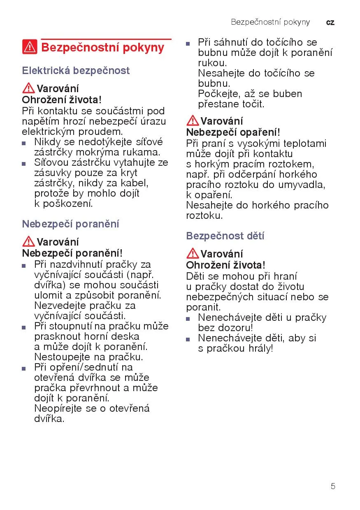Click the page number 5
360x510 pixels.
point(333,486)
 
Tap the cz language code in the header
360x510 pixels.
point(330,22)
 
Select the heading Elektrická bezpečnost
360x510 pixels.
point(76,71)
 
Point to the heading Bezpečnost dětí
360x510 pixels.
point(225,236)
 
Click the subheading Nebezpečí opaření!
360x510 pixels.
point(233,132)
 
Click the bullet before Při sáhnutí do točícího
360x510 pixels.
point(188,43)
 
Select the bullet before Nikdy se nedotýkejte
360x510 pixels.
point(24,143)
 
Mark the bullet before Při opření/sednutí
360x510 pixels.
point(24,368)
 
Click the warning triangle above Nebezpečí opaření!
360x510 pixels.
point(192,121)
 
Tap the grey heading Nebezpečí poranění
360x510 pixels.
point(70,224)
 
